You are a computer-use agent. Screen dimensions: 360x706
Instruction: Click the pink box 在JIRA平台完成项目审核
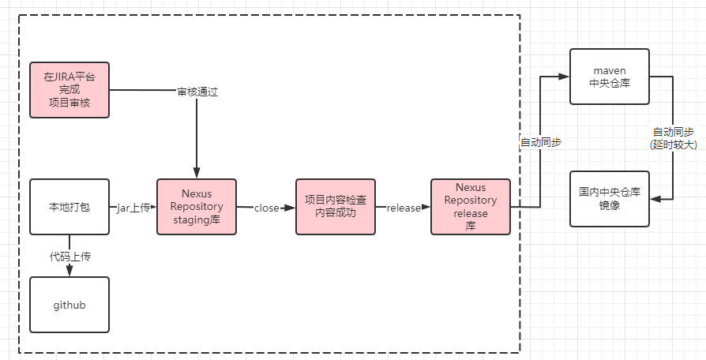(69, 90)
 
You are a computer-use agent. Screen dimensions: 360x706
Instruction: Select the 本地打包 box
(69, 208)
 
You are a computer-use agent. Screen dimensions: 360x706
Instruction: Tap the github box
(69, 304)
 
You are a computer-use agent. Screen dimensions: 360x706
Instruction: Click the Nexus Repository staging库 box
(197, 208)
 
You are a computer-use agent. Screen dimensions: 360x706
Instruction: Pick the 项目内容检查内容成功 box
(335, 208)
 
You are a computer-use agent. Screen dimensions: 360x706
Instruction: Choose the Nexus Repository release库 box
(471, 208)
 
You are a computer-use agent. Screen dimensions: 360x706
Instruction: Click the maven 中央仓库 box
(609, 77)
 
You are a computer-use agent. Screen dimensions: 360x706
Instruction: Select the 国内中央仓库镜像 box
(609, 198)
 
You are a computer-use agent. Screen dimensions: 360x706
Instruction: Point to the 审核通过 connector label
(197, 92)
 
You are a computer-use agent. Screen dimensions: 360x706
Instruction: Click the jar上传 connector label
(132, 208)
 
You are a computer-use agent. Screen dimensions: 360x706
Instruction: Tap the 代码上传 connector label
(69, 256)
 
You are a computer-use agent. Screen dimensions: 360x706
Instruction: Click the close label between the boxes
(266, 208)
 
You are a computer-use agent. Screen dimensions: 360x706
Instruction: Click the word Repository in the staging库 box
(197, 207)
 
